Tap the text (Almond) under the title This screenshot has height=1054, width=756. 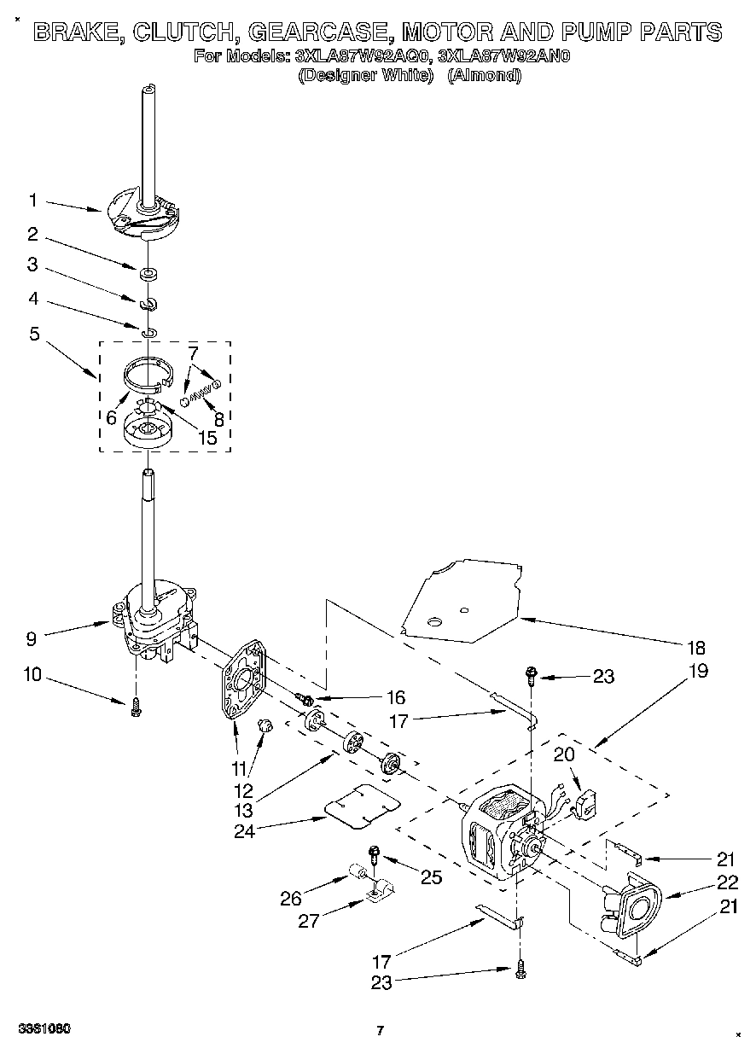coord(484,75)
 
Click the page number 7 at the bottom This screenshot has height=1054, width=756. coord(381,1031)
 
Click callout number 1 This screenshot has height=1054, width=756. coord(32,201)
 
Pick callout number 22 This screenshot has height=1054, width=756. coord(727,882)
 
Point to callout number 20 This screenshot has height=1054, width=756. coord(564,754)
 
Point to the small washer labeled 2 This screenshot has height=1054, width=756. coord(148,275)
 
